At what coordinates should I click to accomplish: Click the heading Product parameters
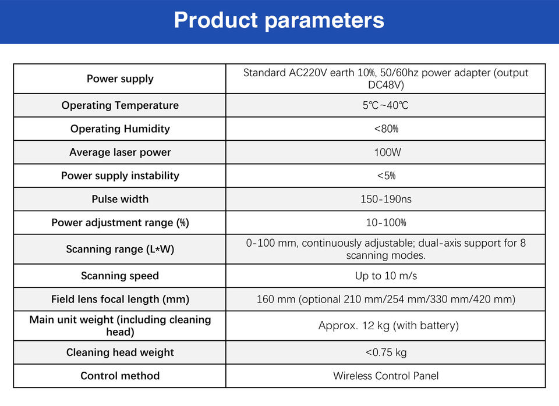pyautogui.click(x=279, y=21)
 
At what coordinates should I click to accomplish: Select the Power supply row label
pyautogui.click(x=120, y=79)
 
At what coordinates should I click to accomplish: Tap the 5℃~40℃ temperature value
pyautogui.click(x=385, y=105)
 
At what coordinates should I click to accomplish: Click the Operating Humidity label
pyautogui.click(x=120, y=129)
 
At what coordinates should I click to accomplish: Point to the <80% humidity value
pyautogui.click(x=386, y=129)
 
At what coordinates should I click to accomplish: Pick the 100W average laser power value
pyautogui.click(x=388, y=152)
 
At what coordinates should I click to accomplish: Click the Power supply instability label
pyautogui.click(x=120, y=176)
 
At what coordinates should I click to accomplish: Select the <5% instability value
pyautogui.click(x=387, y=176)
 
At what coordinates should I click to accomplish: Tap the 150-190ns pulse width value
pyautogui.click(x=385, y=199)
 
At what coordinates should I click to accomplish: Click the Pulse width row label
pyautogui.click(x=120, y=199)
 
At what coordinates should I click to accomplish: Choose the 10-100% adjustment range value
pyautogui.click(x=386, y=223)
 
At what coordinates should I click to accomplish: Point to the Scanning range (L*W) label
pyautogui.click(x=120, y=249)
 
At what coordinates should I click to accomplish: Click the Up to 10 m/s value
pyautogui.click(x=385, y=276)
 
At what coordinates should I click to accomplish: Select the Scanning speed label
pyautogui.click(x=120, y=276)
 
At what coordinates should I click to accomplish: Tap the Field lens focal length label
pyautogui.click(x=120, y=299)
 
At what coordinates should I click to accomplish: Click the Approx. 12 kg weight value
pyautogui.click(x=388, y=326)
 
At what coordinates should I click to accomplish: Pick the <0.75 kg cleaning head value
pyautogui.click(x=386, y=352)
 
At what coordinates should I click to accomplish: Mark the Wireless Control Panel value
pyautogui.click(x=385, y=376)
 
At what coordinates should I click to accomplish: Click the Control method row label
pyautogui.click(x=120, y=376)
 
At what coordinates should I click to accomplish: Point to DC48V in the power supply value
pyautogui.click(x=386, y=85)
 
